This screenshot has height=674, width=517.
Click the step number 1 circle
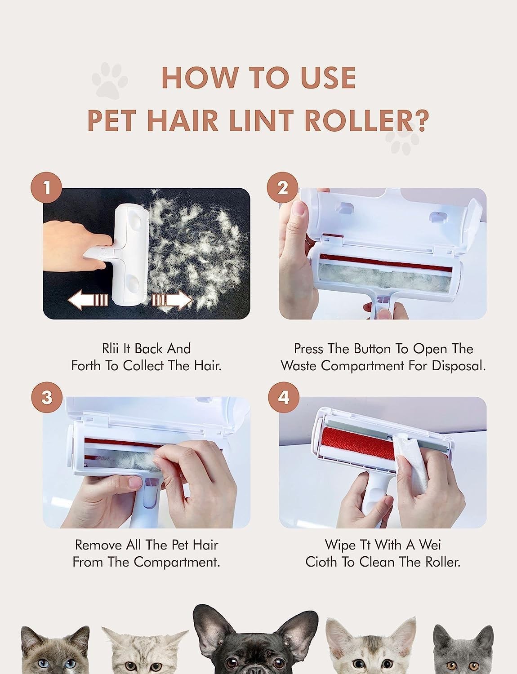coord(47,188)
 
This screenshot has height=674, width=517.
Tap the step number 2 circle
coord(282,188)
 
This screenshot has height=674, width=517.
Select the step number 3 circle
coord(47,397)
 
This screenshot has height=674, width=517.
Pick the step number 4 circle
coord(284,397)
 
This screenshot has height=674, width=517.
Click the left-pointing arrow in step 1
coord(88,300)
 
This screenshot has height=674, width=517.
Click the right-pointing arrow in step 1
coord(172,300)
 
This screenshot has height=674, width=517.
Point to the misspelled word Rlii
coord(110,349)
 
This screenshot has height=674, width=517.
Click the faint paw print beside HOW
coord(110,80)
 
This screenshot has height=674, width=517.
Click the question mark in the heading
coord(422,120)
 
